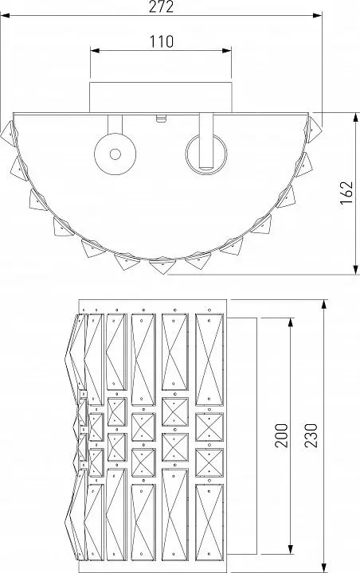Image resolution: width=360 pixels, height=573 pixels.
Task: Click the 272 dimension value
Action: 161,6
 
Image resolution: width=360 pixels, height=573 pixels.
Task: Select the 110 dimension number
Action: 162,41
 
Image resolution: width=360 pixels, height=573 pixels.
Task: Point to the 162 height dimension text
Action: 346,193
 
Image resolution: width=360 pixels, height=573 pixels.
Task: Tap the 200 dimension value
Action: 281,435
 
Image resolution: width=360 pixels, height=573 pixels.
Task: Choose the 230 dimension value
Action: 311,435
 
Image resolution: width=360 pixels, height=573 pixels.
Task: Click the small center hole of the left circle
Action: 115,154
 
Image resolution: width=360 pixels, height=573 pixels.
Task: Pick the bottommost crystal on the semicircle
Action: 162,266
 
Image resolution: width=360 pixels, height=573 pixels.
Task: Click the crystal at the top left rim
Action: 9,134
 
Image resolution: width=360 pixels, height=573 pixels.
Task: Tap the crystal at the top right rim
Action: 313,129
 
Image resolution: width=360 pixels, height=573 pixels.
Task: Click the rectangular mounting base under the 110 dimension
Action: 161,97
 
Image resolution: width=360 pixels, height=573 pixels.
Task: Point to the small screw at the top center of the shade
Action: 161,119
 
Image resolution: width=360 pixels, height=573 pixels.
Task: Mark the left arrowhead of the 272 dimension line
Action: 5,16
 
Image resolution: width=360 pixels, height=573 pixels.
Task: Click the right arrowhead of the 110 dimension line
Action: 227,50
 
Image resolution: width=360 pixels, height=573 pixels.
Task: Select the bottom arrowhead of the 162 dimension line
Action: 356,270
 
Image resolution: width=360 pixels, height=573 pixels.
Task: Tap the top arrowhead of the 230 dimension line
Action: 324,305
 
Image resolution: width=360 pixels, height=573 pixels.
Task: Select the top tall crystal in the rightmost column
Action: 209,360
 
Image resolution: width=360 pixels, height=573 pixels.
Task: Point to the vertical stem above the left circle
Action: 115,124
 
